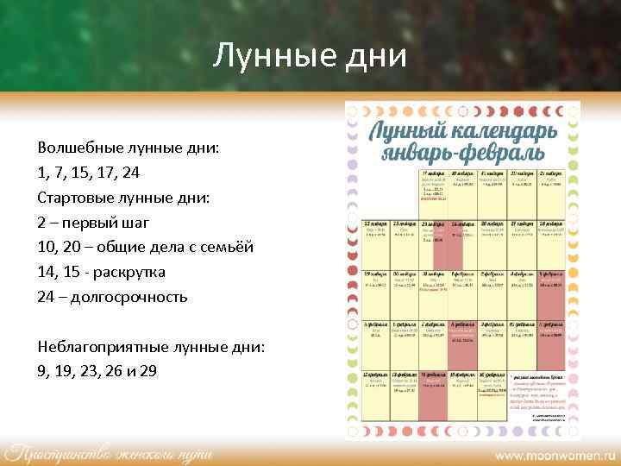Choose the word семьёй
pos(228,247)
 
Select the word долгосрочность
pos(129,297)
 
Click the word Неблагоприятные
pos(96,346)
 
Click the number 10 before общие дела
pos(46,247)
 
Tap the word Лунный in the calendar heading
pos(413,132)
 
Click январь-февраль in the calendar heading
pos(463,154)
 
